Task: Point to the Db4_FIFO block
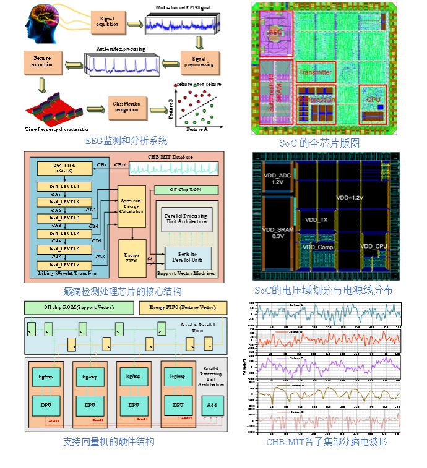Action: (64, 169)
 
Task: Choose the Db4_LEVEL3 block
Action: (65, 218)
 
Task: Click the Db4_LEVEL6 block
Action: (65, 265)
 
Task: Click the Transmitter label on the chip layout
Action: (316, 72)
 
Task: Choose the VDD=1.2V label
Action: (350, 198)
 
